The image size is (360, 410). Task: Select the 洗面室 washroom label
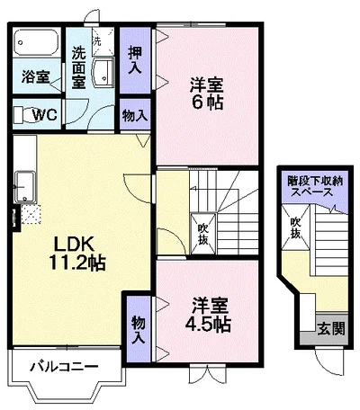78,67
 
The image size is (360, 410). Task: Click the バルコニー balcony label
62,366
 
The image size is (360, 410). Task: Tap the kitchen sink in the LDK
24,189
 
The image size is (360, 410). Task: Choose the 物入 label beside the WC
135,116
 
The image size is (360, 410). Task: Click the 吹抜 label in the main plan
204,232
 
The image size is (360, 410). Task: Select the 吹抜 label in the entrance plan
294,228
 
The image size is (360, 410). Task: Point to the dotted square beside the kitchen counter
32,214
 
